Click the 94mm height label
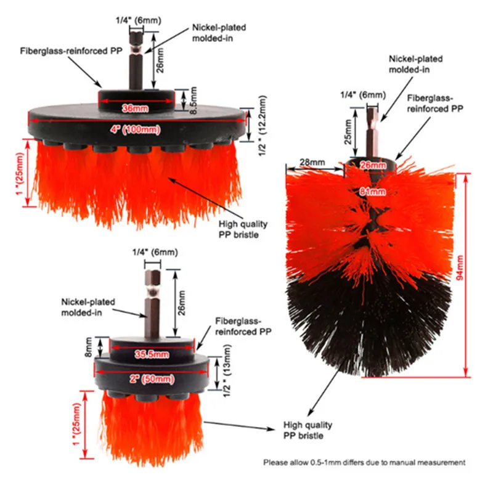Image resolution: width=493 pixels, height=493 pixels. click(x=475, y=274)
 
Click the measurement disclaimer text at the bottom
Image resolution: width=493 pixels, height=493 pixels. click(x=364, y=462)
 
